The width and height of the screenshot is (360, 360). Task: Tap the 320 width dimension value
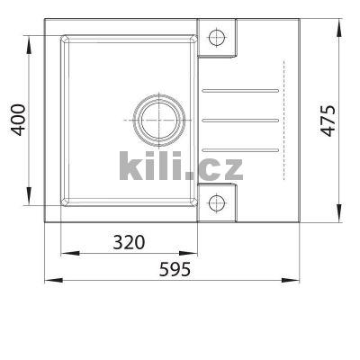tap(130, 242)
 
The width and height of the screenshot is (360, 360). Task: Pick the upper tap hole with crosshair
tap(216, 38)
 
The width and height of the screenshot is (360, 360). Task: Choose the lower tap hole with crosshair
tap(216, 202)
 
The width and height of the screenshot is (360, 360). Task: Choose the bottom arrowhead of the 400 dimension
tap(32, 203)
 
